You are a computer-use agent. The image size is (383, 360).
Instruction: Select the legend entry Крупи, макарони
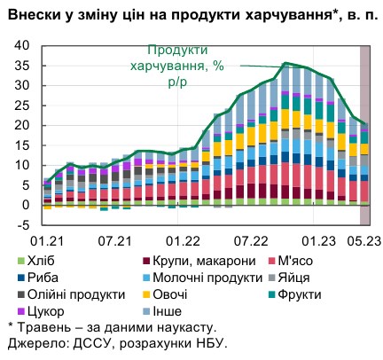point(185,261)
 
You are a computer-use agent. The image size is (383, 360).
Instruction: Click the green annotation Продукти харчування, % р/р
point(182,66)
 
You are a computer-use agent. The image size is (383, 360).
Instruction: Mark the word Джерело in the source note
point(34,343)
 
